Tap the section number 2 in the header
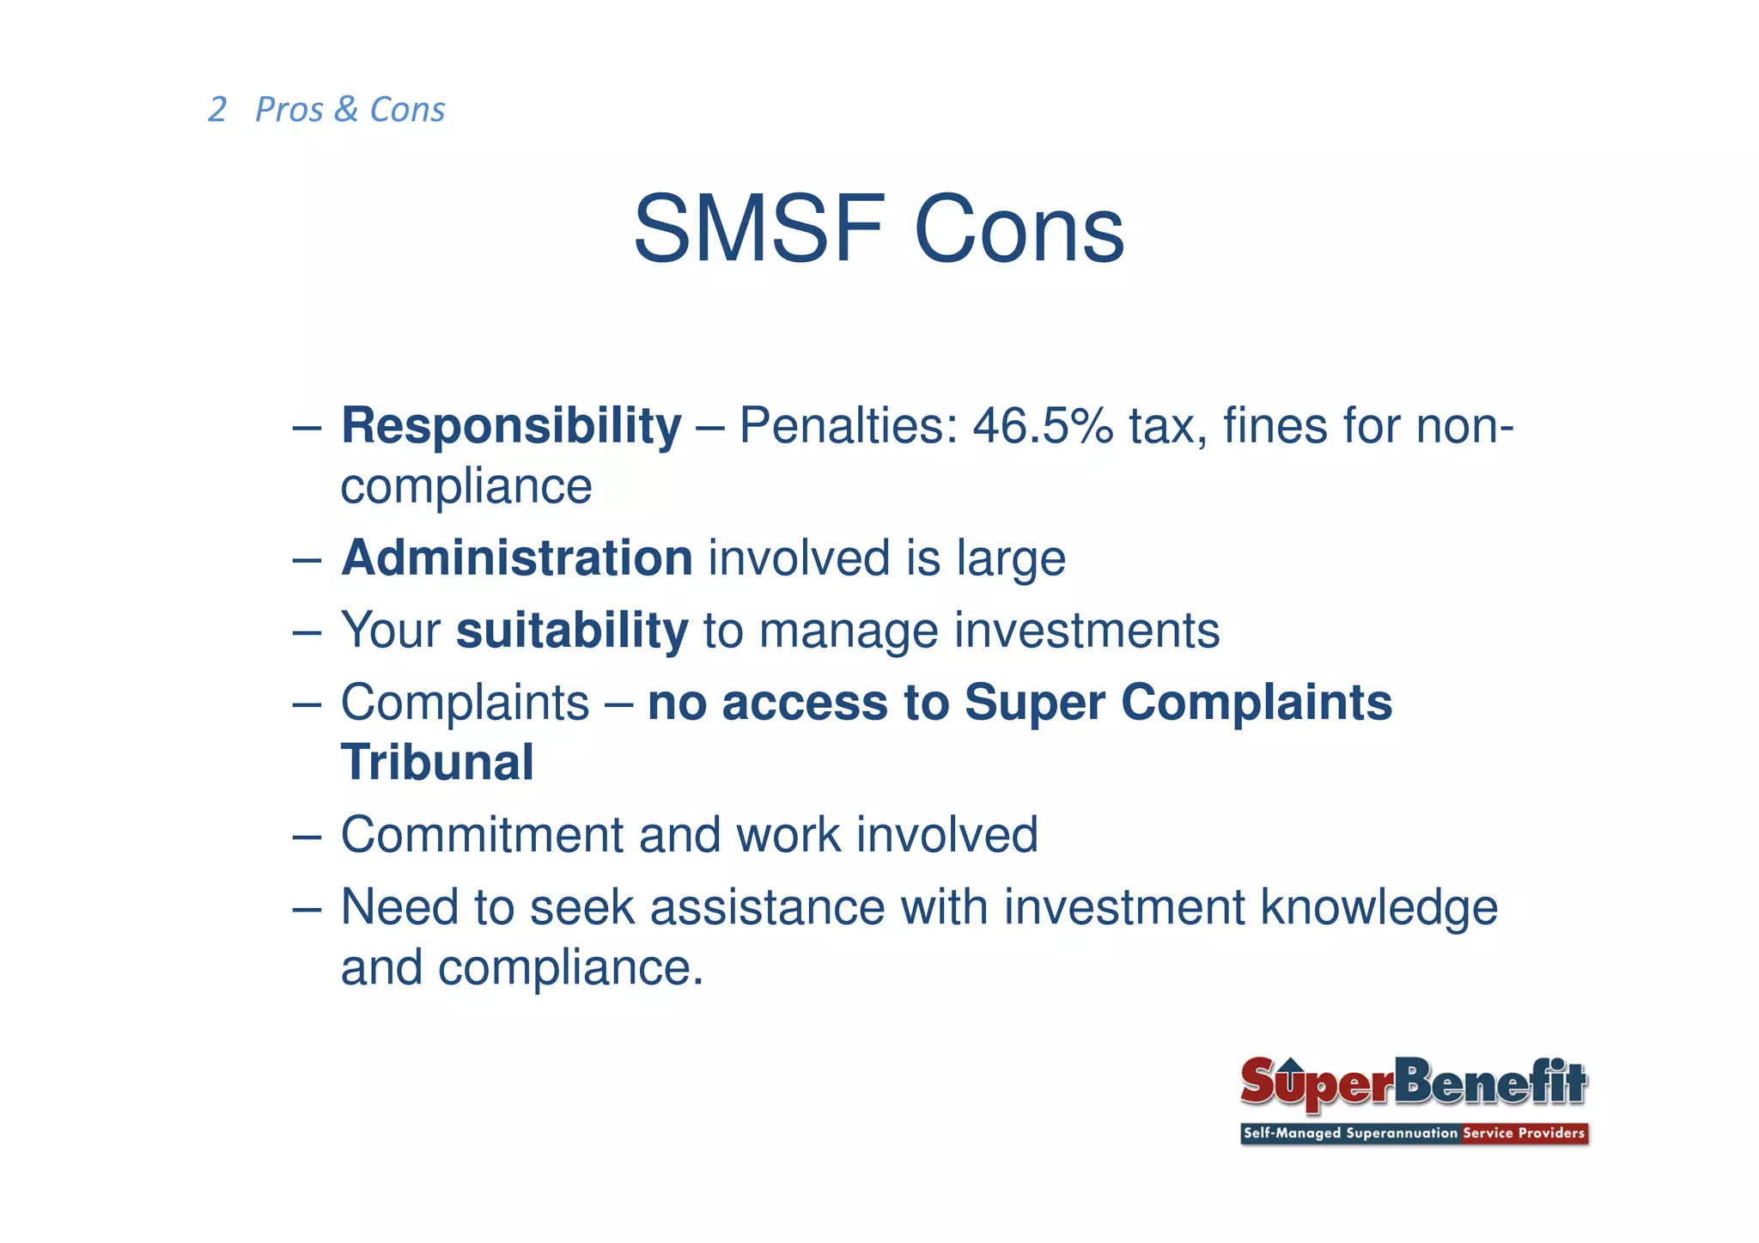[x=217, y=110]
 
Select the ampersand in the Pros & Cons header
[x=346, y=109]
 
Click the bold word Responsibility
[x=511, y=425]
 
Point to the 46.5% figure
[x=1043, y=425]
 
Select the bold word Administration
[x=516, y=558]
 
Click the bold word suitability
[x=572, y=631]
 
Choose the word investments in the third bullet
[x=1087, y=631]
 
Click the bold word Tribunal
[x=437, y=763]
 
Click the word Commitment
[x=482, y=835]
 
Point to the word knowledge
[x=1379, y=908]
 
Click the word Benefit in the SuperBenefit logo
[x=1490, y=1082]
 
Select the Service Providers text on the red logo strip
[x=1523, y=1133]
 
